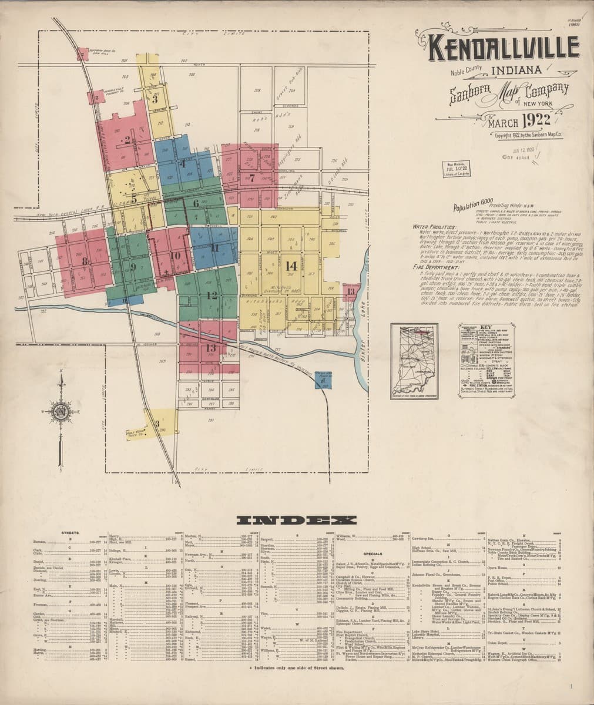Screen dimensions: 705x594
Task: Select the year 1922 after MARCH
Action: pyautogui.click(x=531, y=122)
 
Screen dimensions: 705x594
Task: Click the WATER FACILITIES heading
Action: pyautogui.click(x=434, y=226)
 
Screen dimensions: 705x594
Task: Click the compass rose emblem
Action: pyautogui.click(x=60, y=409)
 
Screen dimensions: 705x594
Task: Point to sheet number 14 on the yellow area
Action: pyautogui.click(x=290, y=265)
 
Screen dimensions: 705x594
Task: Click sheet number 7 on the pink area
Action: pyautogui.click(x=251, y=177)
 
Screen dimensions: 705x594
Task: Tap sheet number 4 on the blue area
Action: pyautogui.click(x=182, y=164)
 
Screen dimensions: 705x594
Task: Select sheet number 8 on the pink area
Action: pyautogui.click(x=85, y=261)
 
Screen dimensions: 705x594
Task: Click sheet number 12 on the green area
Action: pyautogui.click(x=212, y=295)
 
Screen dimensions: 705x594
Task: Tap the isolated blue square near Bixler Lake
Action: pyautogui.click(x=321, y=380)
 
